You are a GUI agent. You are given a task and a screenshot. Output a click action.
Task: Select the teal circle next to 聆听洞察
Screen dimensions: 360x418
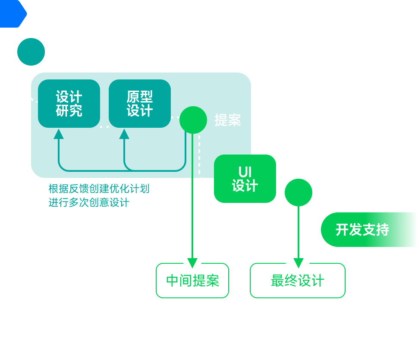pyautogui.click(x=31, y=52)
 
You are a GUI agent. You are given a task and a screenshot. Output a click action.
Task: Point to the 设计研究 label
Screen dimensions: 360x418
pyautogui.click(x=69, y=104)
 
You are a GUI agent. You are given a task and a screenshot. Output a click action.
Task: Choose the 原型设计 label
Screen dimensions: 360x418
pyautogui.click(x=140, y=104)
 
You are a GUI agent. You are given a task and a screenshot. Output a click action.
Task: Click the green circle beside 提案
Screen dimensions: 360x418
pyautogui.click(x=193, y=120)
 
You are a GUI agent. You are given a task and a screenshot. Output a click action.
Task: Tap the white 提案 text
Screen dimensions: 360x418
pyautogui.click(x=228, y=120)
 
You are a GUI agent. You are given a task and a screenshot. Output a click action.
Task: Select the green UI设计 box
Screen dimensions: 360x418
pyautogui.click(x=245, y=179)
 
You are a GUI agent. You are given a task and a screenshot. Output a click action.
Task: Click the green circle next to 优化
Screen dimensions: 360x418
pyautogui.click(x=299, y=193)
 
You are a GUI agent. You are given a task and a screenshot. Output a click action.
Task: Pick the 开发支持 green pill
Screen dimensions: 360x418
pyautogui.click(x=369, y=230)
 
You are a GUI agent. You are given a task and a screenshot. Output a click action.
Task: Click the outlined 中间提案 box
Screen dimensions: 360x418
pyautogui.click(x=192, y=281)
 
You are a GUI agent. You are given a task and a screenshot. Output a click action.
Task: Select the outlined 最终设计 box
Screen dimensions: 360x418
pyautogui.click(x=298, y=281)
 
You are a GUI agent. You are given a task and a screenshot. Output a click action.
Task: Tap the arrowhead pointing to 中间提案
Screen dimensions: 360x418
pyautogui.click(x=192, y=263)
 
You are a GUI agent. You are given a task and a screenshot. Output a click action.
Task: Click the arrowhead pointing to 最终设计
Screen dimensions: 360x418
pyautogui.click(x=299, y=263)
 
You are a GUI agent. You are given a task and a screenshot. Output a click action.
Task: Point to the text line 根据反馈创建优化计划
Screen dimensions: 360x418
pyautogui.click(x=99, y=189)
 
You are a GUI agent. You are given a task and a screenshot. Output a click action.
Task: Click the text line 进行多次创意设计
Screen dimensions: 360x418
pyautogui.click(x=89, y=202)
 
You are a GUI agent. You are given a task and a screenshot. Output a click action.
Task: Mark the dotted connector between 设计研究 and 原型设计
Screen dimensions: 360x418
pyautogui.click(x=104, y=126)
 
